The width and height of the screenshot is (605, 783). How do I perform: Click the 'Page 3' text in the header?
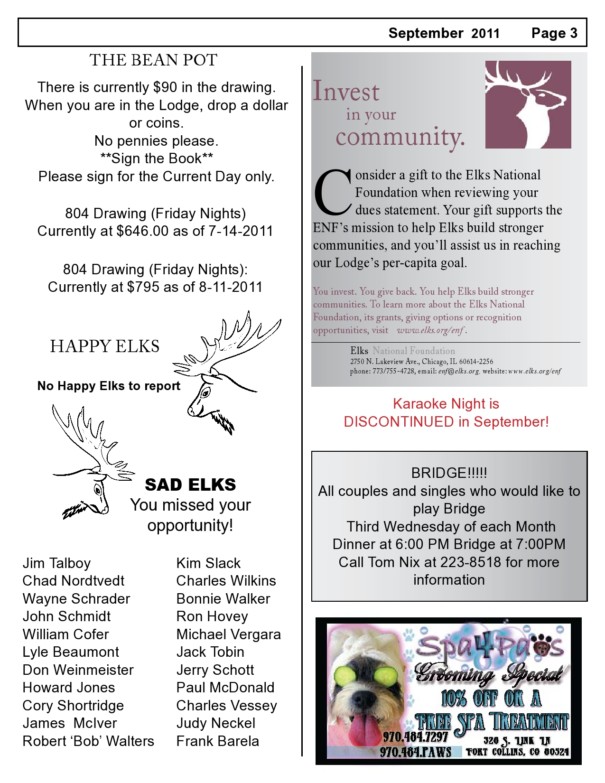point(554,33)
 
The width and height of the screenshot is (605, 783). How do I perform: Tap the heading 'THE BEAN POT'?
point(153,60)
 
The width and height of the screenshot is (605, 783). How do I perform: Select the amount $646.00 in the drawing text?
point(142,231)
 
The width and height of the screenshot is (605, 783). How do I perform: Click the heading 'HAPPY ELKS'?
point(105,346)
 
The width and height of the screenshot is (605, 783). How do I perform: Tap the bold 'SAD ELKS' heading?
point(190,485)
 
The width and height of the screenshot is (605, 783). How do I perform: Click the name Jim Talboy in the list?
point(56,563)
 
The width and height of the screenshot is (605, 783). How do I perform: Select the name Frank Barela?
point(217,741)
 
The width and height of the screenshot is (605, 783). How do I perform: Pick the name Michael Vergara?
point(228,634)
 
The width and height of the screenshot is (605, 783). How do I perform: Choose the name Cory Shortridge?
point(73,706)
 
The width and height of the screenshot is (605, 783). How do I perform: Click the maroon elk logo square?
point(528,104)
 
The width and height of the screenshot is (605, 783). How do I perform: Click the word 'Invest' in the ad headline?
point(346,91)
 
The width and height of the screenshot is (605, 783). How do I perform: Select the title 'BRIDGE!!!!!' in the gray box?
point(449,473)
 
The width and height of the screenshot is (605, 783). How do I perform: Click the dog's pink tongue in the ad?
point(363,729)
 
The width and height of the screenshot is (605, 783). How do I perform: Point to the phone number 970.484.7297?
point(415,737)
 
